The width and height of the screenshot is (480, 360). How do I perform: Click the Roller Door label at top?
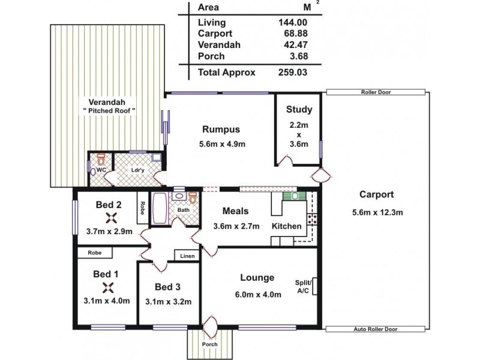[x=377, y=93]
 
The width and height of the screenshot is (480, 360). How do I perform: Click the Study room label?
[x=299, y=109]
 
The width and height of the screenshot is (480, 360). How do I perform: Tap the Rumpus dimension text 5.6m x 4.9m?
[x=221, y=144]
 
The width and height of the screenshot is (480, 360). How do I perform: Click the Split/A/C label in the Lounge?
[x=303, y=287]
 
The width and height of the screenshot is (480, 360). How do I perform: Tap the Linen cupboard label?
[x=187, y=256]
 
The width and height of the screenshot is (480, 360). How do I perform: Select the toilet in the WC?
[x=101, y=161]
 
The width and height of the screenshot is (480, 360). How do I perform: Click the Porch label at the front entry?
[x=209, y=344]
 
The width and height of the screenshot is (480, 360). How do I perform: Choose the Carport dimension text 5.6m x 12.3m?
[x=377, y=211]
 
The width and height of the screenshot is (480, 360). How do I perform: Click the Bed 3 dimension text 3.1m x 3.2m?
[x=168, y=301]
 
